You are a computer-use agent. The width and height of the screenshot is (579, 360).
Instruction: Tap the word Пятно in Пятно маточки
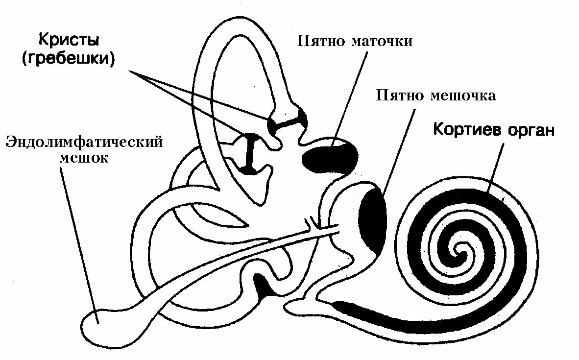[321, 41]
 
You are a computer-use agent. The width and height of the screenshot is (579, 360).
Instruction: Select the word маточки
[382, 41]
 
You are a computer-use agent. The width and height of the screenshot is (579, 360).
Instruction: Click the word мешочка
[462, 96]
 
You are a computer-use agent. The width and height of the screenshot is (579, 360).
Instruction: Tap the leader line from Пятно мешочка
[397, 152]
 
